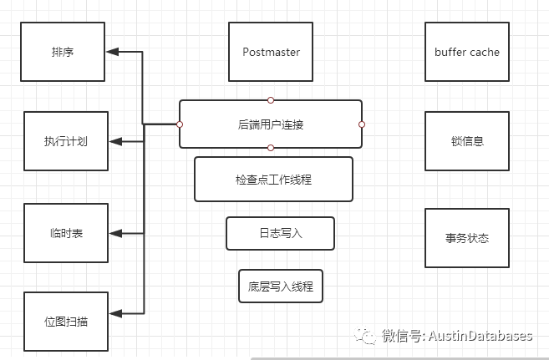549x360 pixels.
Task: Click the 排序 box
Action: click(x=64, y=52)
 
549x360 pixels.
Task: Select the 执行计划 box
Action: click(x=66, y=140)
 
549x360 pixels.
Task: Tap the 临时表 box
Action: click(x=66, y=232)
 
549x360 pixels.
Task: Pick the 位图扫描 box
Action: click(x=66, y=322)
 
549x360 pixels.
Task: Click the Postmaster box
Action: click(x=271, y=52)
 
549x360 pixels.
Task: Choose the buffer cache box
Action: click(x=466, y=52)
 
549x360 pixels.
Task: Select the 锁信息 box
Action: click(x=466, y=140)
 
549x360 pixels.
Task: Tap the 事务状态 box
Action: click(x=466, y=238)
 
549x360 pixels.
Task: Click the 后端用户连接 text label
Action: click(x=271, y=124)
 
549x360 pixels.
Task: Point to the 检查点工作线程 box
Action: click(x=273, y=179)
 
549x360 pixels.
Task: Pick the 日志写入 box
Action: click(x=280, y=233)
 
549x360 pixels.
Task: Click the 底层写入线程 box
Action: click(x=280, y=286)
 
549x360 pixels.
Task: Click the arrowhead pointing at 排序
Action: click(x=114, y=52)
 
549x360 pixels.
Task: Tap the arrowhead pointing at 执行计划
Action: click(x=117, y=140)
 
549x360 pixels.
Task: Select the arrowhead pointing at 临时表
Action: click(x=117, y=232)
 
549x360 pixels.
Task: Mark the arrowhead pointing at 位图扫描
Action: click(x=117, y=314)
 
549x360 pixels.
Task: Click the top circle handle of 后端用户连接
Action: click(x=271, y=100)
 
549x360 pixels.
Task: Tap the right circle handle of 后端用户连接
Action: click(x=362, y=124)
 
